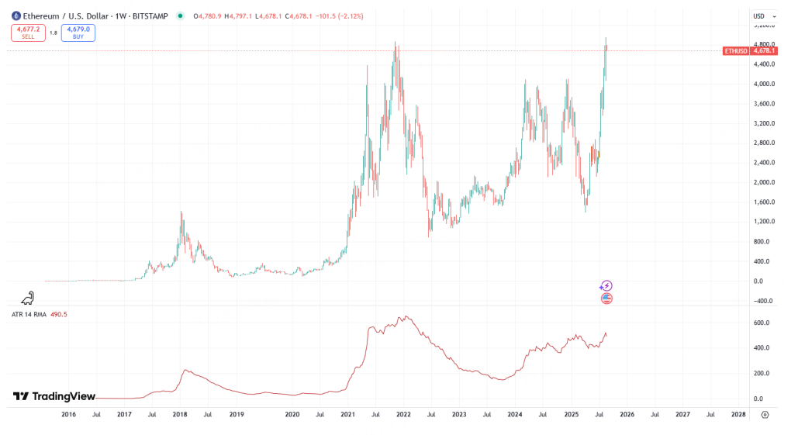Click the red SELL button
(29, 33)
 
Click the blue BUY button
(78, 33)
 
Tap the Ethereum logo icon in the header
(16, 16)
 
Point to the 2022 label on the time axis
(403, 415)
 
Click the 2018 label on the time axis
(180, 415)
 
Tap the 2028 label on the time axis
(739, 415)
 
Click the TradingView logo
(54, 396)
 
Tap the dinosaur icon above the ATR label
(28, 297)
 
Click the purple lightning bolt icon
(606, 286)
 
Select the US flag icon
(606, 299)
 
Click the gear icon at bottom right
(765, 415)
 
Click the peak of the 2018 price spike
(181, 212)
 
